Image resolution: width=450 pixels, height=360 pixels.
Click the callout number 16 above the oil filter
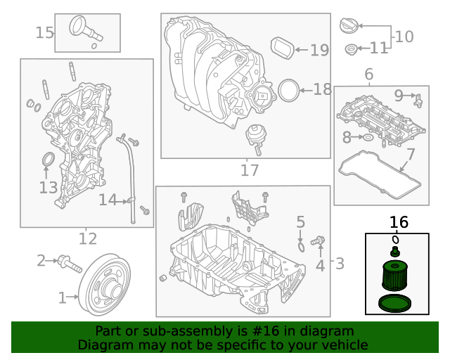(x=399, y=222)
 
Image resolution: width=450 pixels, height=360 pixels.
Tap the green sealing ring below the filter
(x=395, y=304)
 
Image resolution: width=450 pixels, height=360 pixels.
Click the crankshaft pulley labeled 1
(x=105, y=284)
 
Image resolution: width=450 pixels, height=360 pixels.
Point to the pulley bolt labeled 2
(x=70, y=264)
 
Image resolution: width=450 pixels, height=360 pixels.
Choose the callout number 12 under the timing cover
(x=88, y=238)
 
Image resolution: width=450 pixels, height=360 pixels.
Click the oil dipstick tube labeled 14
(x=128, y=178)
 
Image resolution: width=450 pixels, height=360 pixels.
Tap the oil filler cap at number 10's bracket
(x=349, y=25)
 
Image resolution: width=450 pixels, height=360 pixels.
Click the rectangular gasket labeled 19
(x=283, y=48)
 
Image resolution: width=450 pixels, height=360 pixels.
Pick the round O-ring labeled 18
(x=289, y=91)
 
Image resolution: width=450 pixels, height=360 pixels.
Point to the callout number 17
(x=250, y=170)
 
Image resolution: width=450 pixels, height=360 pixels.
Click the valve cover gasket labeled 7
(x=380, y=174)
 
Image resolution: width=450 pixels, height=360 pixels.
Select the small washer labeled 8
(x=368, y=138)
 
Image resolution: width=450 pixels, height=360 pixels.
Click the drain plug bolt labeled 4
(x=318, y=240)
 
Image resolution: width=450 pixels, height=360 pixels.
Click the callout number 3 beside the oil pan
(x=340, y=263)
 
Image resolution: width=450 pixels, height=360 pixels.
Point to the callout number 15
(x=44, y=32)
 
